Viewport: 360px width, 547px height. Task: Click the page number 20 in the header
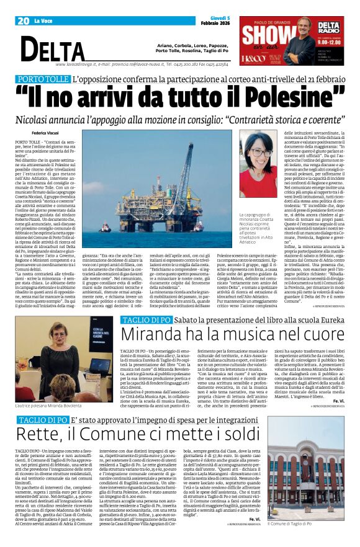pos(23,21)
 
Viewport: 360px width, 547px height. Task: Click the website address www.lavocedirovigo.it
pos(78,64)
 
